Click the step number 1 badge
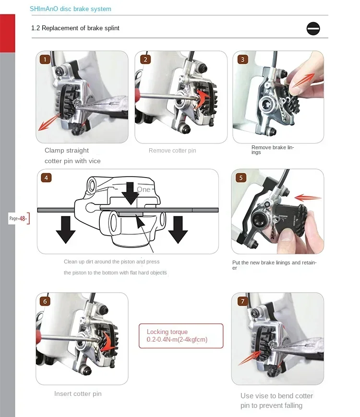[45, 60]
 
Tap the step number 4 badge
[46, 178]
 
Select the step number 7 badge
[243, 301]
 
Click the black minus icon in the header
[313, 28]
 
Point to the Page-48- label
[18, 218]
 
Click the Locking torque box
[181, 335]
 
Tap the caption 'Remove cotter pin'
[172, 151]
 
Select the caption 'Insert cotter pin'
[78, 393]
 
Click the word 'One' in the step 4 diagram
[144, 190]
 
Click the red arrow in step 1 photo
[49, 122]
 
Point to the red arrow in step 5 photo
[308, 198]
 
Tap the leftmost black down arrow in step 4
[66, 230]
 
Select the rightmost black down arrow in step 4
[178, 230]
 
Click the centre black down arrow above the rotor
[130, 193]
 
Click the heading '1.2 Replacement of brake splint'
[75, 28]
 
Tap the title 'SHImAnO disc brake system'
[71, 9]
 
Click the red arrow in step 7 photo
[250, 357]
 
